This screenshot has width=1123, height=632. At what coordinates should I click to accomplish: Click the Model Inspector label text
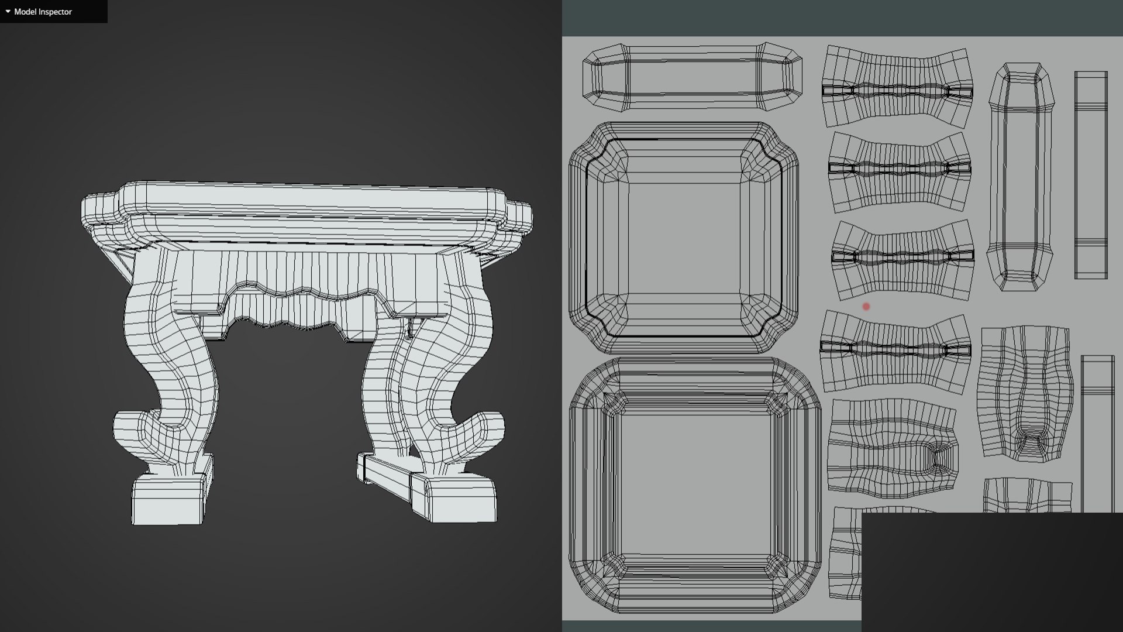click(43, 12)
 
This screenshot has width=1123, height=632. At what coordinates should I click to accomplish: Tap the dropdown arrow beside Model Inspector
click(8, 12)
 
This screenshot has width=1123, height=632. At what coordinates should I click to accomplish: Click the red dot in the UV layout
click(866, 306)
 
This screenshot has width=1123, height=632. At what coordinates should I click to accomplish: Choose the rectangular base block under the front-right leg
click(454, 497)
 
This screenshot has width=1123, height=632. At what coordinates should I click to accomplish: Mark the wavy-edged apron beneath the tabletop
click(304, 287)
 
